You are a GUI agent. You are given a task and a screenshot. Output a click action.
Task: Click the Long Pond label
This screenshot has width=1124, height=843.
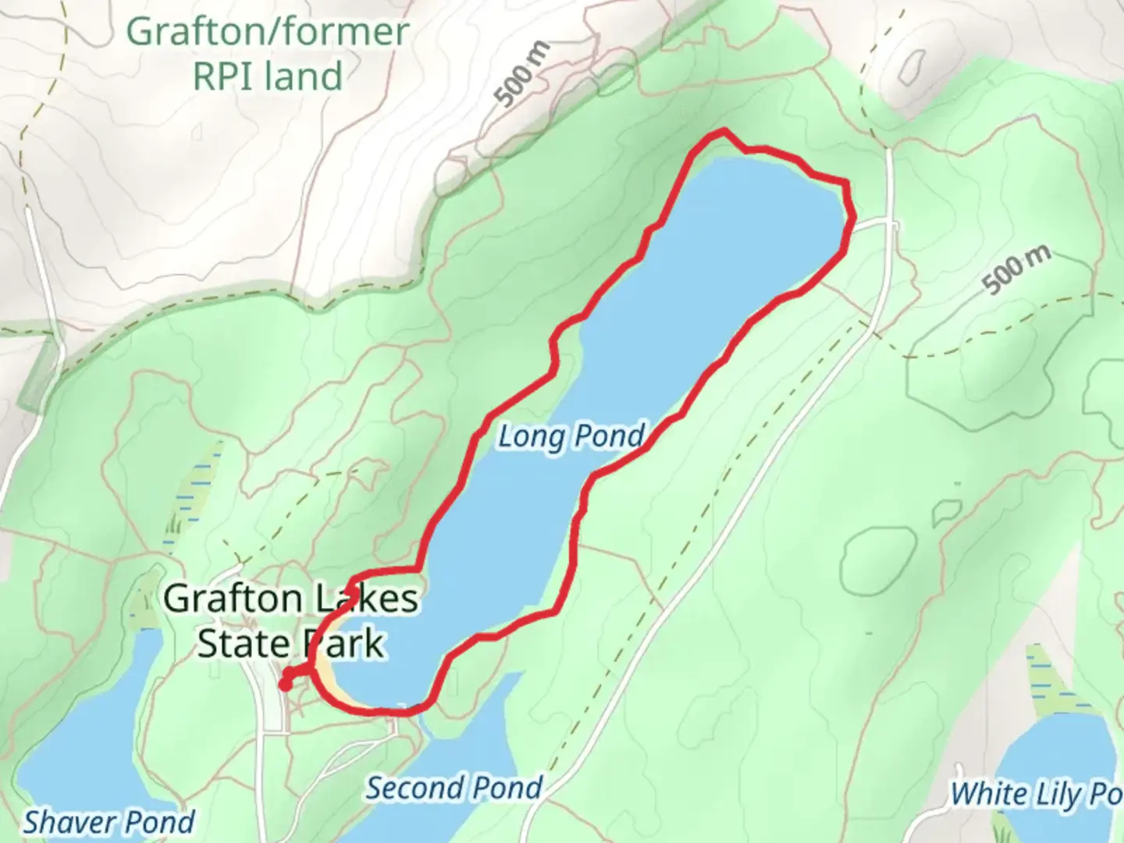pos(571,436)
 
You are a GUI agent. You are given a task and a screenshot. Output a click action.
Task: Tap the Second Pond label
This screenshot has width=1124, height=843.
pos(454,788)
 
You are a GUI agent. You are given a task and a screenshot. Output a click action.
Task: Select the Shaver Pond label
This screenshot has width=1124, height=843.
pos(109,821)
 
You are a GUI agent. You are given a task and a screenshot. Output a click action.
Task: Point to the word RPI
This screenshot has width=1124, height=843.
pos(231,76)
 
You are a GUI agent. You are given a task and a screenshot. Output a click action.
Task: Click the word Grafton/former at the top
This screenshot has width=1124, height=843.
pos(267,32)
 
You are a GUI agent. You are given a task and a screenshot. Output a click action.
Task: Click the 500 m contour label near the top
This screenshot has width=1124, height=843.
pos(522,74)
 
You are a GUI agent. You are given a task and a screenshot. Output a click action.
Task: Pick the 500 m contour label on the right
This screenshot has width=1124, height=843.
pos(1016,270)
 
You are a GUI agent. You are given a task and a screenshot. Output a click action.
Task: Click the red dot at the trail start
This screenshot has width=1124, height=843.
pos(286,684)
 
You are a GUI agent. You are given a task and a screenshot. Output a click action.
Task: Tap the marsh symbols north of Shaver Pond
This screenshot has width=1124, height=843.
pos(187,492)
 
